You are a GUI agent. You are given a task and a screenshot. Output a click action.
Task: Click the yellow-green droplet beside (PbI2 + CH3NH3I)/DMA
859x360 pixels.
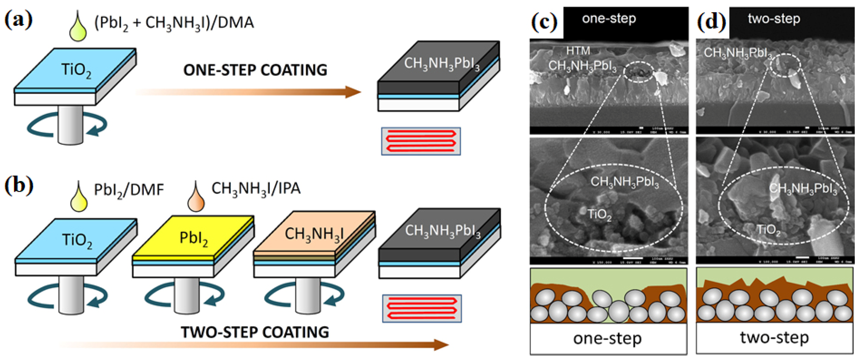point(78,28)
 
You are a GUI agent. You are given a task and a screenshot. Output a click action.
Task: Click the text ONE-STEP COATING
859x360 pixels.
point(255,70)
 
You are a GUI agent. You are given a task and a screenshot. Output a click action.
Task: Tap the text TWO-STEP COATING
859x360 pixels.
point(255,332)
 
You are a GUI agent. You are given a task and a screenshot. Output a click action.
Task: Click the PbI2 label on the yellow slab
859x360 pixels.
point(193,238)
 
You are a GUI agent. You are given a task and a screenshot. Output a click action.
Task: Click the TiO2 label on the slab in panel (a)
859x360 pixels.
point(76,70)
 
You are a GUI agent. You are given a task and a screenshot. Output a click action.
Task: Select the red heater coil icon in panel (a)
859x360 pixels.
point(421,141)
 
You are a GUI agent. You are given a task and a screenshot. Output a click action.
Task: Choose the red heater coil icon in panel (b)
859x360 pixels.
point(422,308)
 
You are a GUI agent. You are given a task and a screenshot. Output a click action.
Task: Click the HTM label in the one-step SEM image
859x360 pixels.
point(578,51)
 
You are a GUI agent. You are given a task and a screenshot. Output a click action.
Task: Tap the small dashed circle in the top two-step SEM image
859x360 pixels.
point(785,65)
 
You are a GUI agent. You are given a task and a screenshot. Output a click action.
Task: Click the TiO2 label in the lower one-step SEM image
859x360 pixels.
point(599,215)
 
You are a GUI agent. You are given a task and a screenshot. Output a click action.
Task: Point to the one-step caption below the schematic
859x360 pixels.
point(607,338)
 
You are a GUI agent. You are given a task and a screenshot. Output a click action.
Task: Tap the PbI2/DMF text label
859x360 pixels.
point(129,190)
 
